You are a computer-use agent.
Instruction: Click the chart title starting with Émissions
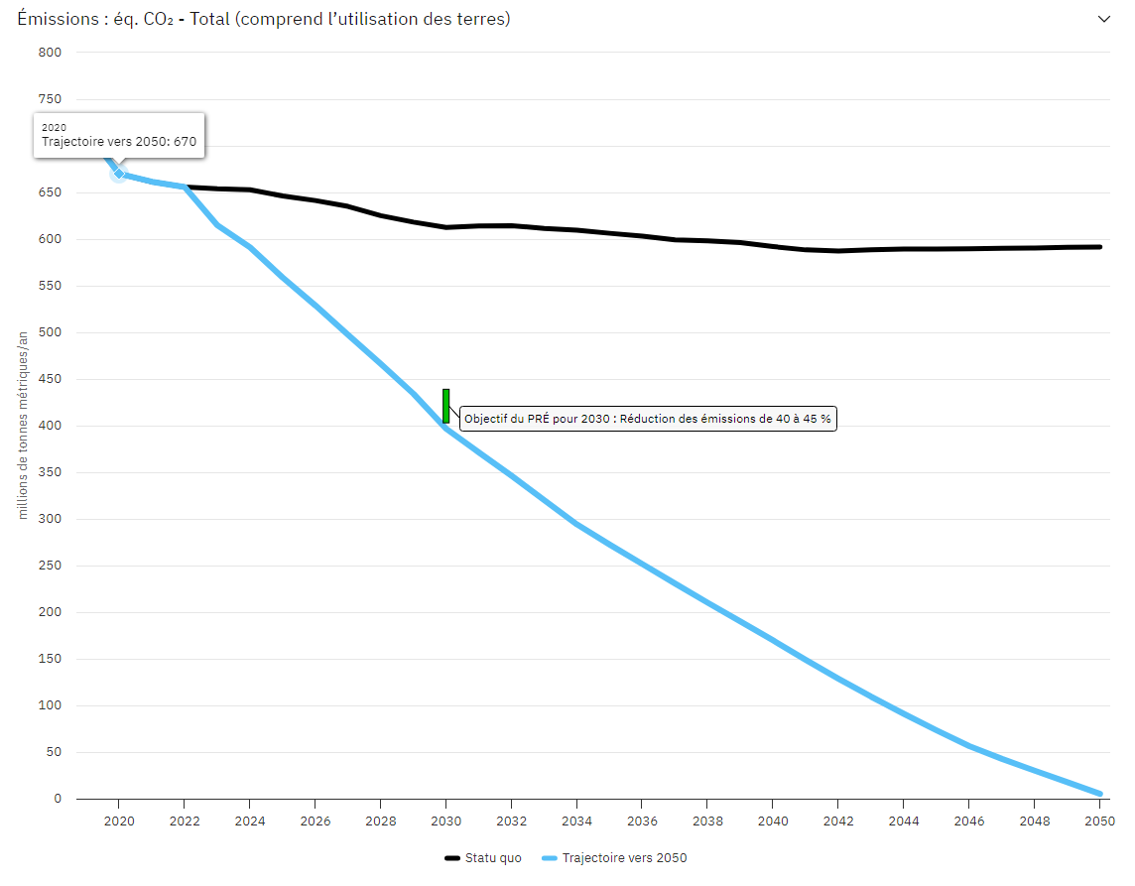click(264, 19)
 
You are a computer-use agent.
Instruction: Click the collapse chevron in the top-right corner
click(1103, 19)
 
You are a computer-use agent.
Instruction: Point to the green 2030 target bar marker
click(446, 406)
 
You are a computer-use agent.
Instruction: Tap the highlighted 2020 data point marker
click(119, 174)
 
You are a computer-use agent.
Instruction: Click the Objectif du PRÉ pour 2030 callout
click(648, 419)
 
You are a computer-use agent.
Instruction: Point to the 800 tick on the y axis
click(51, 53)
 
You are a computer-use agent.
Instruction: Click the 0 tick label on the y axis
click(58, 799)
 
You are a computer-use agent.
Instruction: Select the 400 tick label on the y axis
click(51, 426)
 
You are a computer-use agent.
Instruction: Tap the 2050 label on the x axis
click(1099, 822)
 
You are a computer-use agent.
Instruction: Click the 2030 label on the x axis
click(445, 822)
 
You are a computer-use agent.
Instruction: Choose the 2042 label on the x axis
click(837, 822)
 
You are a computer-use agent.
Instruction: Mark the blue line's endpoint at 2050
click(1099, 794)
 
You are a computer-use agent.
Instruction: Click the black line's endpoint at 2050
click(1099, 247)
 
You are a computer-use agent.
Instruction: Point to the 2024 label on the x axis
click(249, 822)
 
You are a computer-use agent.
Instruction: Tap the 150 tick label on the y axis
click(51, 659)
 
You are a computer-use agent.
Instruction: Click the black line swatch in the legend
click(454, 858)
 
